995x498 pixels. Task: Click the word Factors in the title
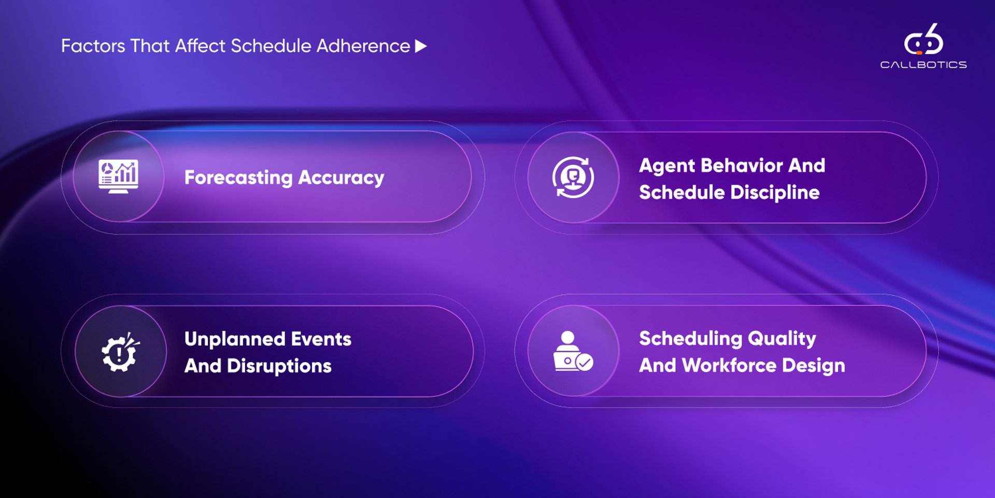(x=93, y=46)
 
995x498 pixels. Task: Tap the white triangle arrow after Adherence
(x=421, y=46)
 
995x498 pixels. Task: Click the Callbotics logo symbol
(x=923, y=39)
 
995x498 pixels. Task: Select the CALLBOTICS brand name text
(x=923, y=65)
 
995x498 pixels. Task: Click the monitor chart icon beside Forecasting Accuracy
(x=119, y=176)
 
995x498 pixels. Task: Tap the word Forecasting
(x=238, y=178)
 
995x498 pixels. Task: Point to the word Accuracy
(x=341, y=178)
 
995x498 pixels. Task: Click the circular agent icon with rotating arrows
(x=573, y=177)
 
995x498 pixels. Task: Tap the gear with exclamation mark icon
(x=120, y=352)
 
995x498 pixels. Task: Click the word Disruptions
(x=279, y=366)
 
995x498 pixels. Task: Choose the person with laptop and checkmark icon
(x=573, y=351)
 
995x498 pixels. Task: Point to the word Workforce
(x=729, y=366)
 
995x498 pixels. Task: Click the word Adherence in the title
(x=363, y=46)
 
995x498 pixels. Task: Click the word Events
(x=321, y=339)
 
